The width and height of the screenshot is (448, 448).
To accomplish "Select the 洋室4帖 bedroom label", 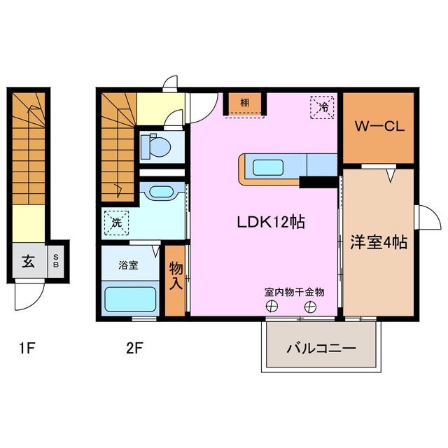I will [379, 242].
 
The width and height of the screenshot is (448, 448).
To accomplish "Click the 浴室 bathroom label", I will [127, 265].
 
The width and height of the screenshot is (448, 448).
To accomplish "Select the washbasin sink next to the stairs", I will [161, 192].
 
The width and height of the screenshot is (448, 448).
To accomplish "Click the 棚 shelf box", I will [244, 104].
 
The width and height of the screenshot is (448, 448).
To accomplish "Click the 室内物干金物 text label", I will [294, 291].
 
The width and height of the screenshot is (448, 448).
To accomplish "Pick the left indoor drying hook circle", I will [270, 306].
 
